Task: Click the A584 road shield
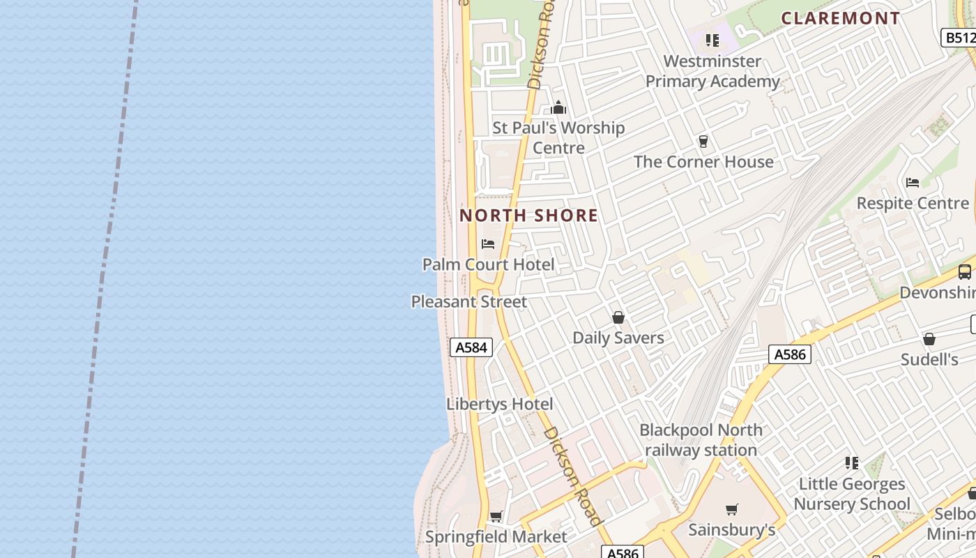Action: (x=471, y=347)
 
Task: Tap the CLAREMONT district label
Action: (x=841, y=19)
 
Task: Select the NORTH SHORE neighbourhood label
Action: (x=528, y=216)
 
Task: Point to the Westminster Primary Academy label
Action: (x=712, y=71)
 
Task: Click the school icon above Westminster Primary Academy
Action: (x=712, y=40)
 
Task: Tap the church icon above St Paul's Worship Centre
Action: (x=558, y=108)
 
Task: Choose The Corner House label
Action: (x=703, y=162)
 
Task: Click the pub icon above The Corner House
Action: (x=703, y=142)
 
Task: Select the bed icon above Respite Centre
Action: (x=912, y=183)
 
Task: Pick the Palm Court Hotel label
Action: (x=489, y=264)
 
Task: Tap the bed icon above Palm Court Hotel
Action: (x=488, y=244)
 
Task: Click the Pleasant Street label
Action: (x=469, y=302)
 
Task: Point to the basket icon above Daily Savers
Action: (x=618, y=318)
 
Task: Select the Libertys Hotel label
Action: (x=500, y=404)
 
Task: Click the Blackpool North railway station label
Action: (x=701, y=440)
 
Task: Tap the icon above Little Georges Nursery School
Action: (x=851, y=463)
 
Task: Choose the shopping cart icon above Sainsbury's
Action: (x=731, y=509)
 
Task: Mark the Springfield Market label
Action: (x=496, y=537)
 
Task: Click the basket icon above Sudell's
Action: (x=929, y=340)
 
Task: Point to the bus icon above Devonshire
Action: (x=965, y=272)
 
